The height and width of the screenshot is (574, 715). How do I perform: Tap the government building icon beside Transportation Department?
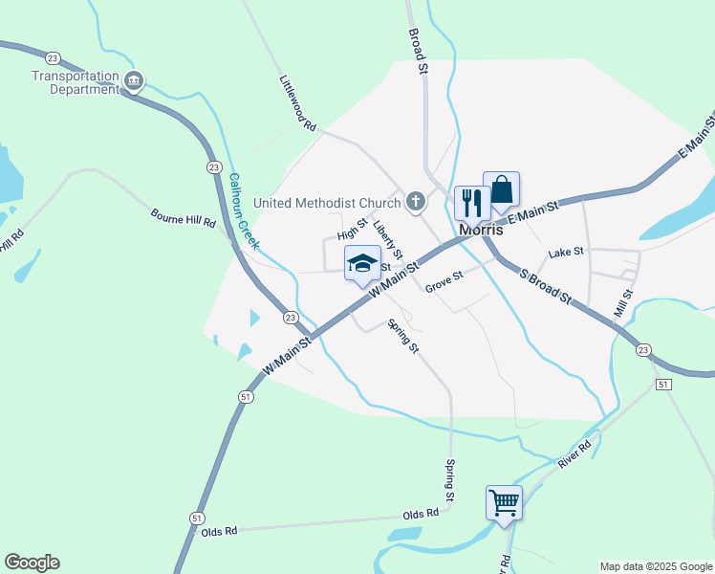click(x=134, y=81)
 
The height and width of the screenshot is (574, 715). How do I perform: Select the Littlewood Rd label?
click(x=297, y=103)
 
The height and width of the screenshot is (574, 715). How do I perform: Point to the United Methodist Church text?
click(x=327, y=203)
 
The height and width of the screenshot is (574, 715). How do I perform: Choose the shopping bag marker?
click(x=501, y=189)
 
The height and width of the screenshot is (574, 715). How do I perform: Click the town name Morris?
click(x=481, y=231)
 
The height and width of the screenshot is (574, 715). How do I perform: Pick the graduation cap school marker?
click(x=362, y=262)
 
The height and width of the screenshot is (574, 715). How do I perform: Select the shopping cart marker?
click(x=504, y=500)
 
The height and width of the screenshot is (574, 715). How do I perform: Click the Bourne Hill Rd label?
click(x=184, y=217)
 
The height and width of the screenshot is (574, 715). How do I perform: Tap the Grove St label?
click(x=444, y=279)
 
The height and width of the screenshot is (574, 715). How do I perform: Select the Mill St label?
click(x=624, y=296)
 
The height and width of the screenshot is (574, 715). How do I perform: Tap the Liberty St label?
click(x=389, y=239)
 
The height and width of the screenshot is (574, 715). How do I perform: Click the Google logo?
click(x=32, y=563)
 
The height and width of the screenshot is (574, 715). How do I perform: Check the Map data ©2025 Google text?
click(x=655, y=566)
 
